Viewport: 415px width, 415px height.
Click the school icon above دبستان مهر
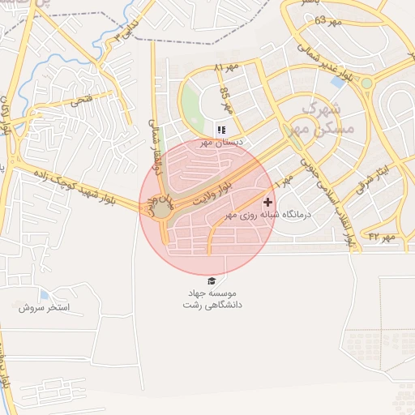[220, 130]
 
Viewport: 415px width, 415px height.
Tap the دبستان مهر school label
[217, 143]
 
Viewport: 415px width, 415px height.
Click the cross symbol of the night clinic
[268, 201]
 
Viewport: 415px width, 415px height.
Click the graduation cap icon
[211, 280]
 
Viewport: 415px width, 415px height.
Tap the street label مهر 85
[226, 100]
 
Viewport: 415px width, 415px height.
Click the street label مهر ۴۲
[380, 237]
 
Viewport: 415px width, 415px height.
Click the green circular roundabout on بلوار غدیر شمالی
[366, 83]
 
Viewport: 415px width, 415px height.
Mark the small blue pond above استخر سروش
[44, 293]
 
